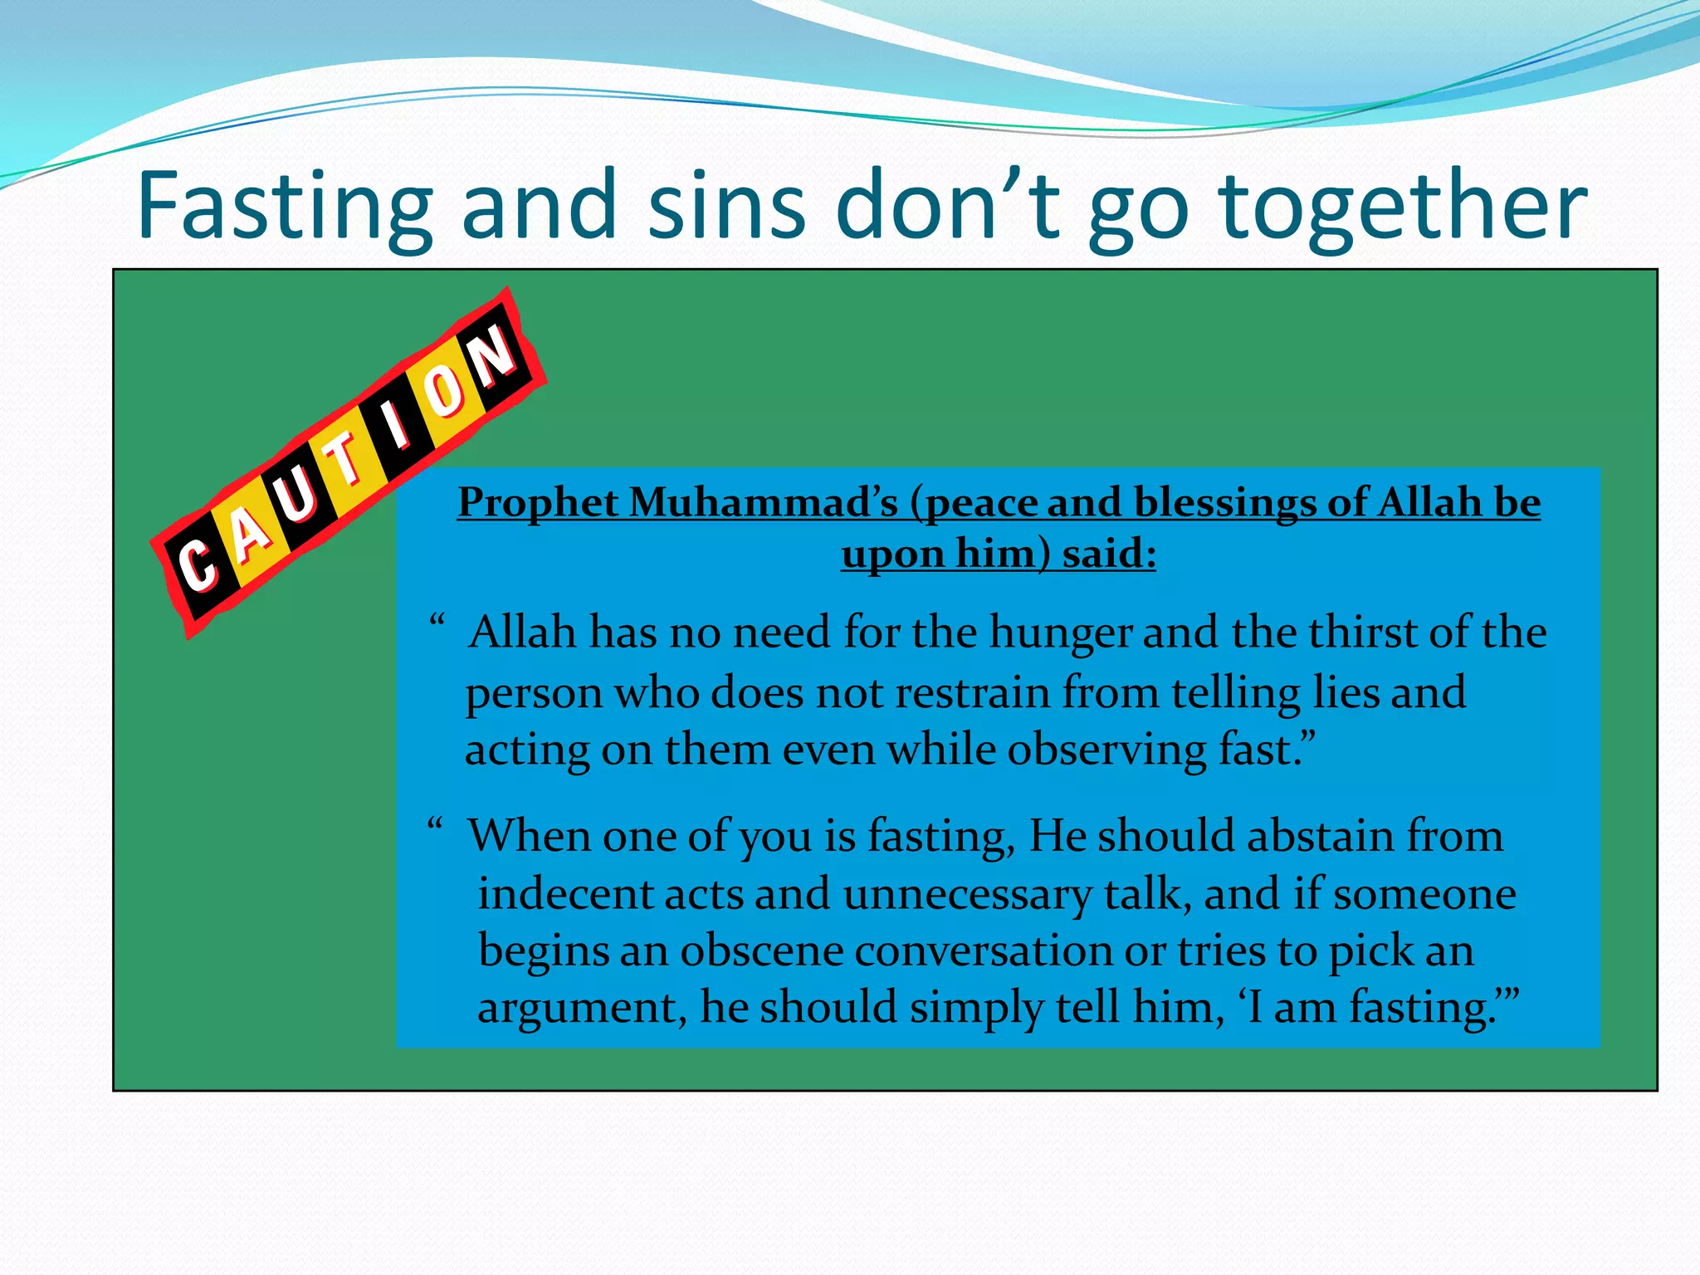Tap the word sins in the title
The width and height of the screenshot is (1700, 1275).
[726, 206]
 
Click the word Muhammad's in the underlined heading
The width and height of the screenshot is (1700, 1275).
[764, 503]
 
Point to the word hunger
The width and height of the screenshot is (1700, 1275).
[1060, 633]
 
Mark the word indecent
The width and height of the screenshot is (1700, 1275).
[564, 895]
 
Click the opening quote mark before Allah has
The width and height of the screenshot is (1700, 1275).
[437, 621]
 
